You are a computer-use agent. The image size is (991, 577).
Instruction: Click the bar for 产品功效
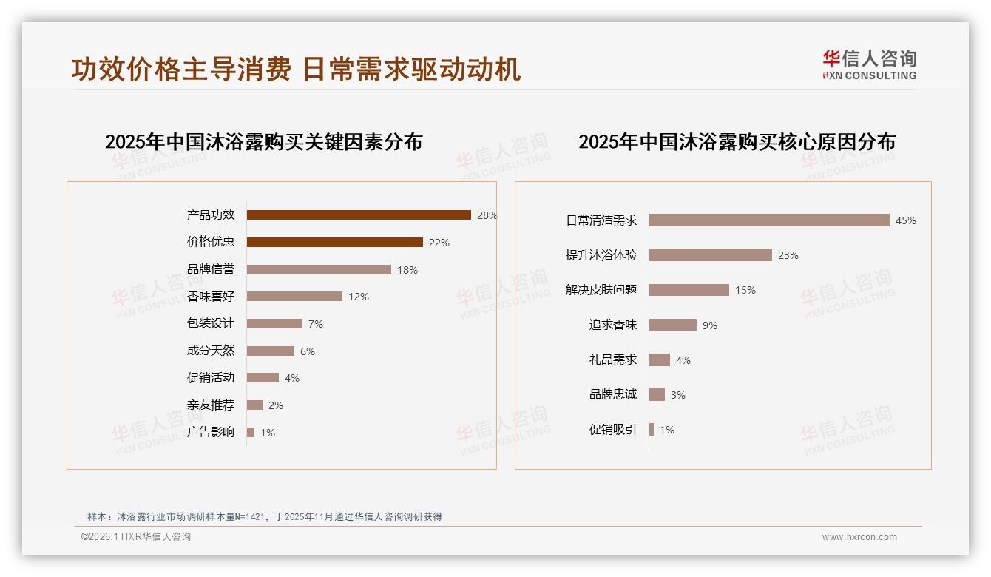359,215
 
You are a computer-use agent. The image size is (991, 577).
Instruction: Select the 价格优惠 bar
334,243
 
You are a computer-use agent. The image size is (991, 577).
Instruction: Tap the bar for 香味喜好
294,297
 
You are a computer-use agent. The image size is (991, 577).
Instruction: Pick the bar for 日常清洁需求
769,220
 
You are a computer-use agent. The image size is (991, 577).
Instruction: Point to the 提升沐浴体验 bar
711,255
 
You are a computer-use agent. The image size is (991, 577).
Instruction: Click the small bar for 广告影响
251,433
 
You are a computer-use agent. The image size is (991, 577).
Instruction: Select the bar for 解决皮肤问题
689,290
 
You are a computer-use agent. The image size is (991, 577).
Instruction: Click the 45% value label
905,220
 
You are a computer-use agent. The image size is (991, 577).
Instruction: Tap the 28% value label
487,215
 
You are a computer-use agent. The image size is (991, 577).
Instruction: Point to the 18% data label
407,270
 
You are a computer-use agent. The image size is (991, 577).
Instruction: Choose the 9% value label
710,325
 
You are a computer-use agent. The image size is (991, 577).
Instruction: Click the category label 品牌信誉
211,269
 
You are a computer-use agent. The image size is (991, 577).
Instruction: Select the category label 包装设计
211,323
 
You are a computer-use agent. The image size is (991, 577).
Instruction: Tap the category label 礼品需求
612,360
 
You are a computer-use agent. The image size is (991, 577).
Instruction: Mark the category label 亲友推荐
211,405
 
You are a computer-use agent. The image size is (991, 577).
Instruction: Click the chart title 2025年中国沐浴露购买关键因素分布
263,142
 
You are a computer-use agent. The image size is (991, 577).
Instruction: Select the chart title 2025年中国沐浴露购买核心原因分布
737,142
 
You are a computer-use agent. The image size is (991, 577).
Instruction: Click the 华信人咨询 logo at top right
869,64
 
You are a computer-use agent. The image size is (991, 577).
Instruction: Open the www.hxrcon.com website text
859,537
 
